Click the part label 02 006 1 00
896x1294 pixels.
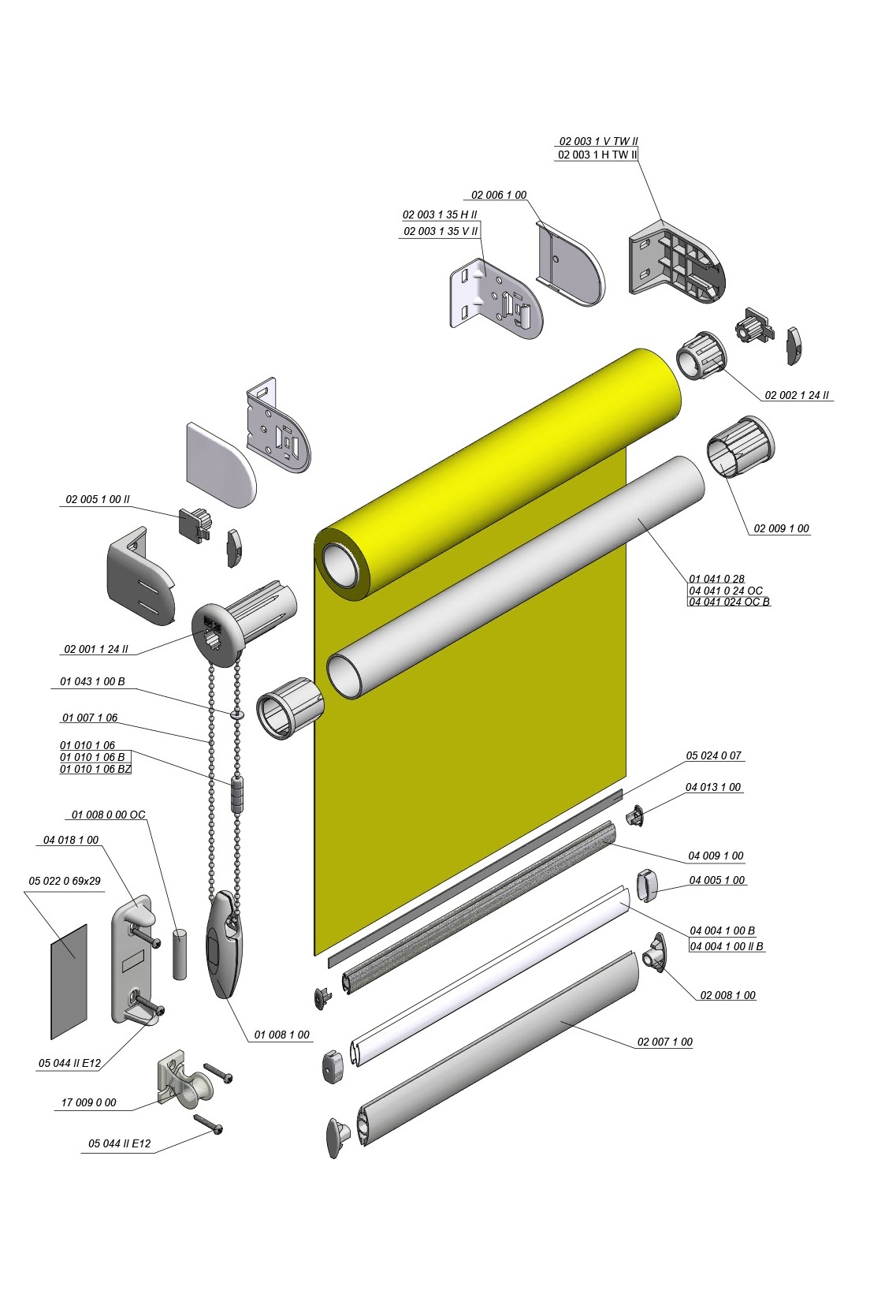pyautogui.click(x=499, y=195)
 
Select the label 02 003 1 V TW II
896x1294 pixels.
pyautogui.click(x=598, y=141)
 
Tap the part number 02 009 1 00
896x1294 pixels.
pyautogui.click(x=781, y=528)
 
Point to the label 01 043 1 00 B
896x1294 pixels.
pyautogui.click(x=92, y=681)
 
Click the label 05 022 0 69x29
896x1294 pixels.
pyautogui.click(x=65, y=881)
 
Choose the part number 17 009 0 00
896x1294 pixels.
pyautogui.click(x=88, y=1102)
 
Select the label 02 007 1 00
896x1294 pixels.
pyautogui.click(x=664, y=1042)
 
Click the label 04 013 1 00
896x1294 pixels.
pyautogui.click(x=713, y=787)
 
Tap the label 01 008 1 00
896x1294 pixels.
pyautogui.click(x=282, y=1035)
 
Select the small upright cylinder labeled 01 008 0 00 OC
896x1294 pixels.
pyautogui.click(x=180, y=954)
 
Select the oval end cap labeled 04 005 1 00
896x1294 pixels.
pyautogui.click(x=648, y=885)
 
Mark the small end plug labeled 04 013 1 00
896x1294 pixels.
pyautogui.click(x=635, y=815)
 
